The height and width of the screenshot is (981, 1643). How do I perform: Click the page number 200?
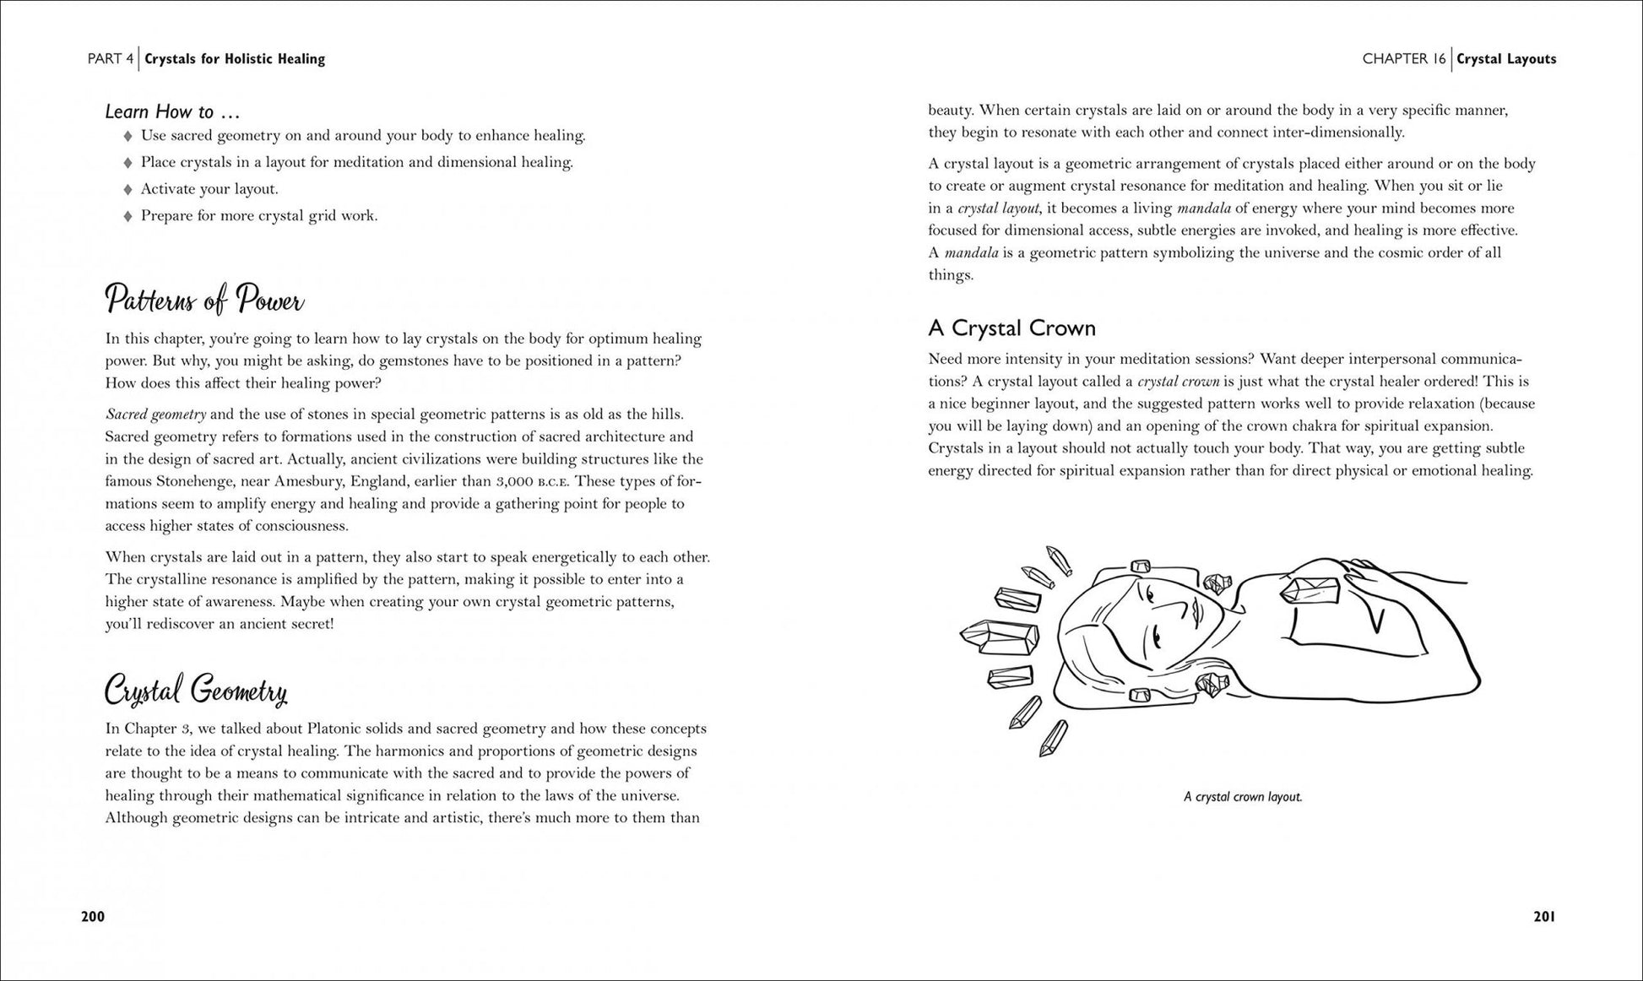(93, 917)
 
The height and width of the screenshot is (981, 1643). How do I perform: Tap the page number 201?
(1543, 917)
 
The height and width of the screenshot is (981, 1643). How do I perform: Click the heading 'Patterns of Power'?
(204, 300)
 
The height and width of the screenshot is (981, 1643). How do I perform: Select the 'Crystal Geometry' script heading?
(196, 691)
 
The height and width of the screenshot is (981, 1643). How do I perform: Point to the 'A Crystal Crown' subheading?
(1011, 328)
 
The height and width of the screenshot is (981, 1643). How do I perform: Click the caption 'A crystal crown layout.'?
(1243, 797)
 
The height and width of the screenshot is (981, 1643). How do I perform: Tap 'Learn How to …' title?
(172, 111)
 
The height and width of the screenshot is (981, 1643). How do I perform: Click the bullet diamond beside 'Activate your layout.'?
(128, 189)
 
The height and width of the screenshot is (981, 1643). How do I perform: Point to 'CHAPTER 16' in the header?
(1403, 59)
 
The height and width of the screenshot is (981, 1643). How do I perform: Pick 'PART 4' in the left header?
(111, 59)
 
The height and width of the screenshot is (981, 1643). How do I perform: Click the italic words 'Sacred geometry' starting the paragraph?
(155, 415)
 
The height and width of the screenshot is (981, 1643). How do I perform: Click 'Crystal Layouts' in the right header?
(1506, 59)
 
